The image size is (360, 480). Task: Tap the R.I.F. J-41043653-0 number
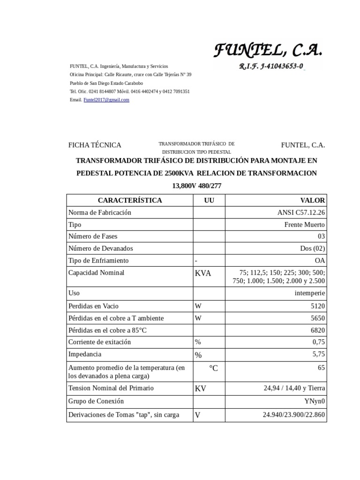(x=271, y=67)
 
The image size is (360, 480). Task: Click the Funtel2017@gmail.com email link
(x=106, y=100)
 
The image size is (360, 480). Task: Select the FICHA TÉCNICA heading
(x=95, y=145)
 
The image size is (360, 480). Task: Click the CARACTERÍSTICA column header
(x=130, y=200)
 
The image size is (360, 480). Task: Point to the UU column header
(x=209, y=200)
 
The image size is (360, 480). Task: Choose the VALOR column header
(x=313, y=200)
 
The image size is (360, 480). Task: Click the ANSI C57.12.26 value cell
(x=301, y=212)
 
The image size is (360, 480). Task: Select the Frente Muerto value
(x=304, y=225)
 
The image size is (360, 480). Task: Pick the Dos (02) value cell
(x=312, y=248)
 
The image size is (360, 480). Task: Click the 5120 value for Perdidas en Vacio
(x=317, y=306)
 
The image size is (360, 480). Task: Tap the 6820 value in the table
(x=317, y=330)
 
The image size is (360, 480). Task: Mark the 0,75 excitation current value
(x=318, y=342)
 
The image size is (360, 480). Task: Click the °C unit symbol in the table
(x=213, y=368)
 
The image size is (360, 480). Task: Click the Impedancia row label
(x=85, y=354)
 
